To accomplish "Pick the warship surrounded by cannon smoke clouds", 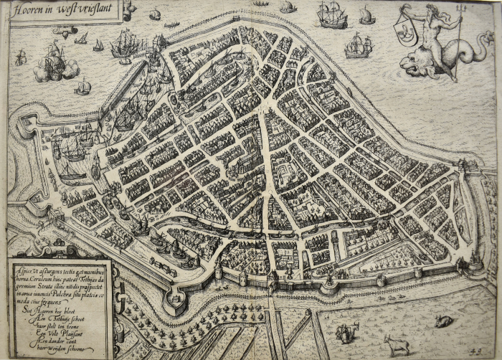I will point(55,65).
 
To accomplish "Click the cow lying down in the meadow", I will point(442,321).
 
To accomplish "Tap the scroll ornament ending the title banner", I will point(128,9).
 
